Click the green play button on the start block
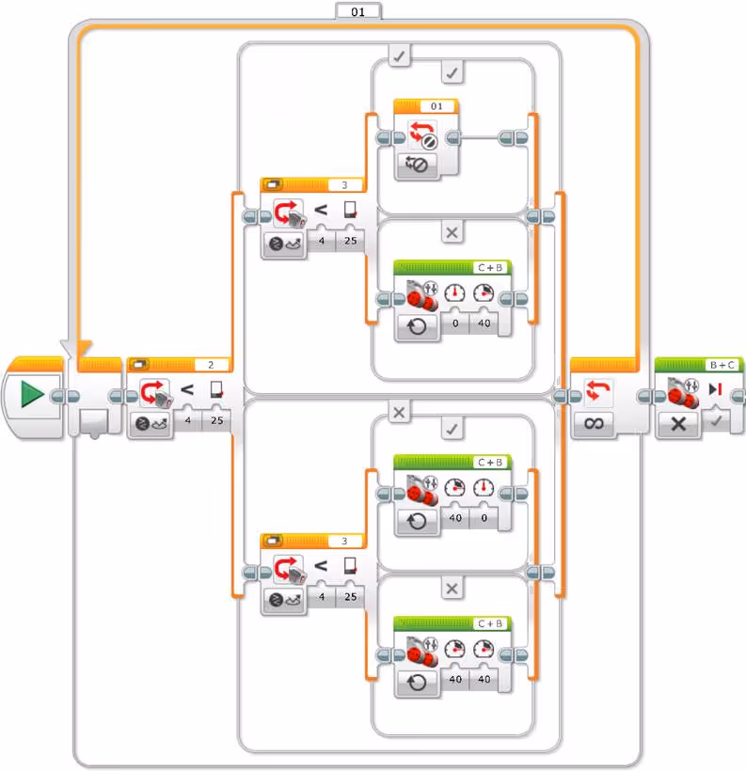(32, 395)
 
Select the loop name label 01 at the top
(357, 11)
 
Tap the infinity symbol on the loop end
(594, 424)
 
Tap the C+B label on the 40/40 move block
(490, 623)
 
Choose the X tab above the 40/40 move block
(452, 589)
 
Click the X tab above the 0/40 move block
(452, 232)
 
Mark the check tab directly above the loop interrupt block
(452, 72)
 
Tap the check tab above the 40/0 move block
(452, 429)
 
